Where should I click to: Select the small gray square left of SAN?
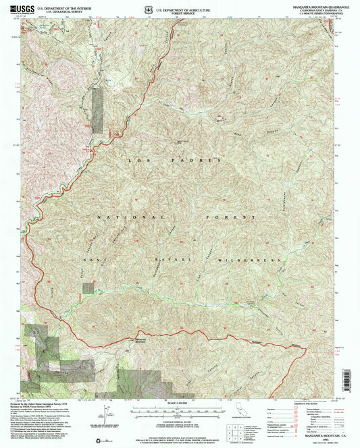click(88, 288)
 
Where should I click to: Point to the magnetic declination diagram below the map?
click(105, 410)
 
